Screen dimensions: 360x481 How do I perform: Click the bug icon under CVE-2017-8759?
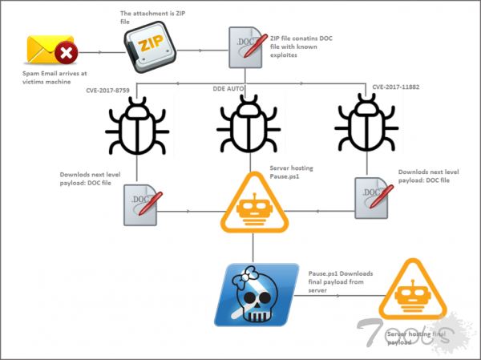[x=137, y=129]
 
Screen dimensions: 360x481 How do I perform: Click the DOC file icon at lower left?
[x=139, y=201]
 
